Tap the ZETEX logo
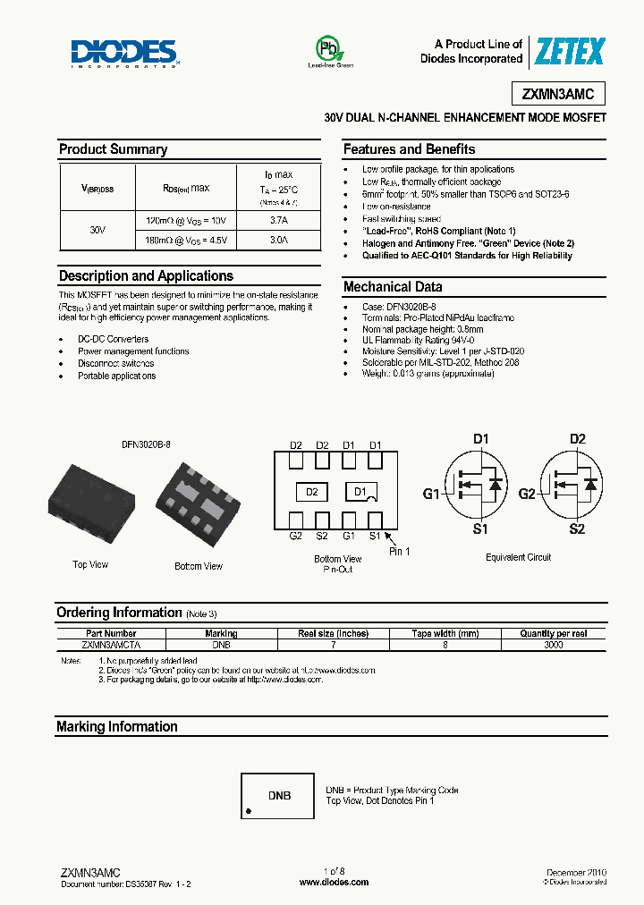(x=569, y=52)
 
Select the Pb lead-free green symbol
(x=330, y=49)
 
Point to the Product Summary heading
(x=113, y=149)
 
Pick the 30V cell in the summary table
(x=98, y=230)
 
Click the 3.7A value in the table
(x=278, y=219)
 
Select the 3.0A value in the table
(x=278, y=241)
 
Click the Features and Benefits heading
(x=409, y=149)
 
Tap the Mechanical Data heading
(x=393, y=287)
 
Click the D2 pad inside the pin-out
(x=311, y=492)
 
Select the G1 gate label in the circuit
(x=432, y=494)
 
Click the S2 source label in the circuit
(x=577, y=529)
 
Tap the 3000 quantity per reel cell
(x=554, y=644)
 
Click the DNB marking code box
(x=279, y=795)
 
